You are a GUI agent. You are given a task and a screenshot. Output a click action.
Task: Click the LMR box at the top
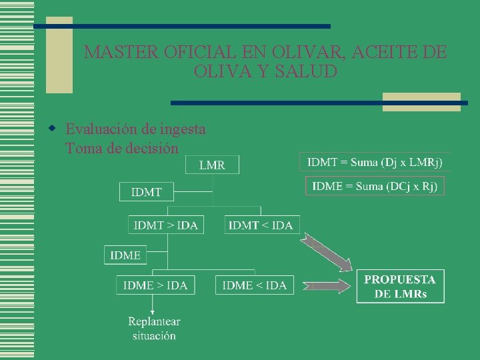tap(212, 165)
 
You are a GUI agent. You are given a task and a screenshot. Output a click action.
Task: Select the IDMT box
tap(147, 192)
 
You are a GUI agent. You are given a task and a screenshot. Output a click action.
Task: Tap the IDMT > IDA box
tap(166, 225)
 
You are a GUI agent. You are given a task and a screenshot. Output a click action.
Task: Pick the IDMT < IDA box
tap(261, 225)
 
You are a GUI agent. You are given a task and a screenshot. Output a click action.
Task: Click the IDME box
tap(125, 255)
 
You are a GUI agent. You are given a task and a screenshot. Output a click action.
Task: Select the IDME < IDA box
tap(254, 285)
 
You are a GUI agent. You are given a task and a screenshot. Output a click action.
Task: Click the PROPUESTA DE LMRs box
tap(400, 286)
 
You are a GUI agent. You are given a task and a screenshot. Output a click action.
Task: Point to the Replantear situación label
tap(154, 328)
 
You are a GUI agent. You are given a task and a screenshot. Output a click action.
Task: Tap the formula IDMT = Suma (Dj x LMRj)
tap(375, 161)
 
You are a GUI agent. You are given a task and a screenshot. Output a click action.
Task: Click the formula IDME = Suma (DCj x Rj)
tap(375, 186)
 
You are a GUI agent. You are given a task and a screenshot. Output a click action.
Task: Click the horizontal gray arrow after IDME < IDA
tap(327, 286)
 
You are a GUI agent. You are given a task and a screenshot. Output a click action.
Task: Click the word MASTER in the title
tap(112, 52)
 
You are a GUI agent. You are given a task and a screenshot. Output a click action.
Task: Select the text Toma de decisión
tap(122, 148)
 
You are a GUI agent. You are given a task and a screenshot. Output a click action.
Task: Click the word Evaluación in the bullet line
tap(97, 129)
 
